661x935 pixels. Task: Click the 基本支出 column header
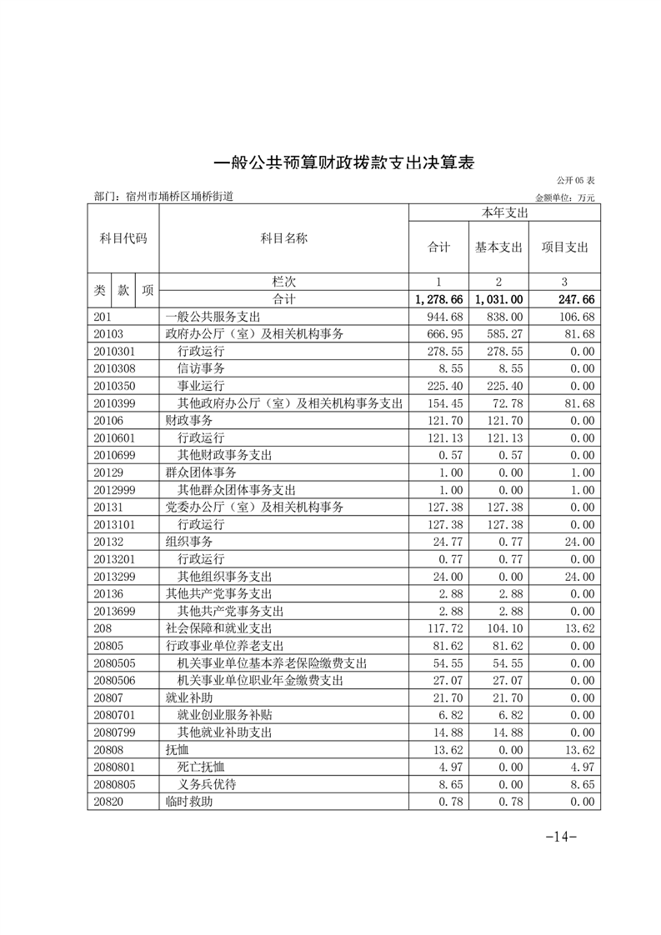tap(498, 247)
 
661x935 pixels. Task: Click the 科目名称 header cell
tap(283, 239)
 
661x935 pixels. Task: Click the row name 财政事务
tap(184, 420)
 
